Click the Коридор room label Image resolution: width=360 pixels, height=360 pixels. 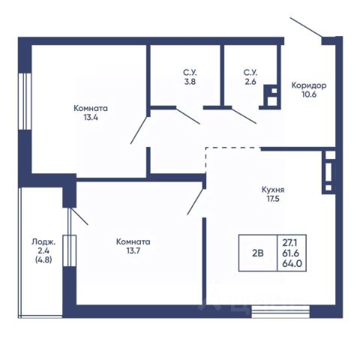pyautogui.click(x=309, y=85)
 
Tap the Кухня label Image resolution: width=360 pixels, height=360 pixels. pyautogui.click(x=273, y=190)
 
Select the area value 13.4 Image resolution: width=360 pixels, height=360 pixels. pyautogui.click(x=91, y=117)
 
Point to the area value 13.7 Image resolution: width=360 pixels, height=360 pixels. pyautogui.click(x=133, y=250)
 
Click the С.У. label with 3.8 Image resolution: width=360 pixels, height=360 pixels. pyautogui.click(x=190, y=73)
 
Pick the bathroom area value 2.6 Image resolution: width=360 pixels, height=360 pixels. pyautogui.click(x=250, y=82)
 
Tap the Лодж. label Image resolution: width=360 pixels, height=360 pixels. pyautogui.click(x=43, y=241)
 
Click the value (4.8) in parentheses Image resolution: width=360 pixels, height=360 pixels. pyautogui.click(x=43, y=259)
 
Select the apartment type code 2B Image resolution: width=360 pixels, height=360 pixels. pyautogui.click(x=258, y=253)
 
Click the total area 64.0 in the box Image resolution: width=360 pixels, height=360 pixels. pyautogui.click(x=292, y=263)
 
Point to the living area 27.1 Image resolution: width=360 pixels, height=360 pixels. pyautogui.click(x=290, y=242)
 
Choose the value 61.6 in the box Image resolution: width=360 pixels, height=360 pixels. pyautogui.click(x=291, y=253)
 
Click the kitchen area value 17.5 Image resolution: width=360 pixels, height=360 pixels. pyautogui.click(x=273, y=199)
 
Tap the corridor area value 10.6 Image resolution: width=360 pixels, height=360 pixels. pyautogui.click(x=309, y=94)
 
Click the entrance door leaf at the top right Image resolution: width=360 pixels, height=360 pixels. pyautogui.click(x=306, y=27)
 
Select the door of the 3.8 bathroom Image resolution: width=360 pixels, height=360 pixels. pyautogui.click(x=188, y=115)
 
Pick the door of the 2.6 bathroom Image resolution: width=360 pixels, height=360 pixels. pyautogui.click(x=244, y=115)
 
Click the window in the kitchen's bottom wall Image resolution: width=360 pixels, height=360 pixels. pyautogui.click(x=280, y=311)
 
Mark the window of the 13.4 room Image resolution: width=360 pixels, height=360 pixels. pyautogui.click(x=25, y=101)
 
